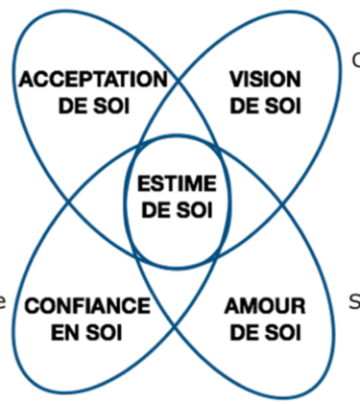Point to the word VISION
click(x=265, y=79)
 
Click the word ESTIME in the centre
click(x=177, y=184)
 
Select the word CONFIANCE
click(x=86, y=307)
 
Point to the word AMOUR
click(x=264, y=307)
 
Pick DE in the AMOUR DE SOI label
click(x=247, y=332)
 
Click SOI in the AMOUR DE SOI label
click(x=282, y=332)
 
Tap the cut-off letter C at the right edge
click(x=355, y=60)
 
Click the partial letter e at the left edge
click(x=4, y=303)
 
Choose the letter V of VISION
click(x=236, y=79)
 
